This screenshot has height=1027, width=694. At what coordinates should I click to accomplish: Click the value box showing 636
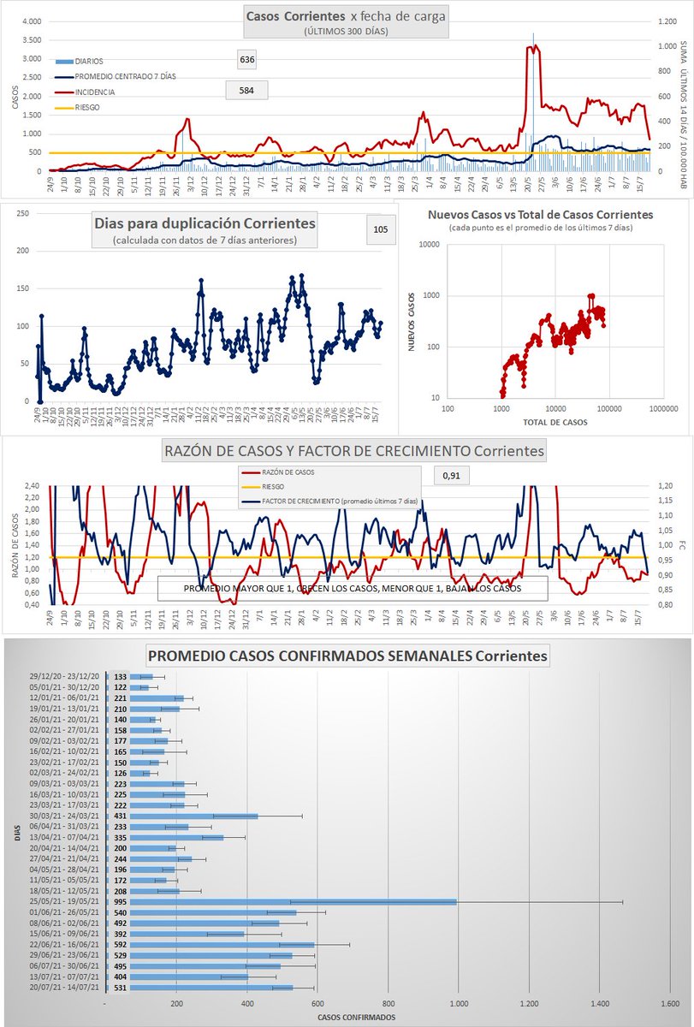(x=247, y=59)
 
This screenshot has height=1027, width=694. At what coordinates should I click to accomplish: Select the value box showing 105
(x=381, y=229)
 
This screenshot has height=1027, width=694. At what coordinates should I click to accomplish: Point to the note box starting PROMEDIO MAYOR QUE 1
(x=352, y=589)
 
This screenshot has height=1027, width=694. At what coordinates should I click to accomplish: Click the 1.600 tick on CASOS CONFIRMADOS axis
(x=669, y=1002)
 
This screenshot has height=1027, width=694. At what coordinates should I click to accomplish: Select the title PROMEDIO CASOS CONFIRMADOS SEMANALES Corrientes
(x=347, y=656)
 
